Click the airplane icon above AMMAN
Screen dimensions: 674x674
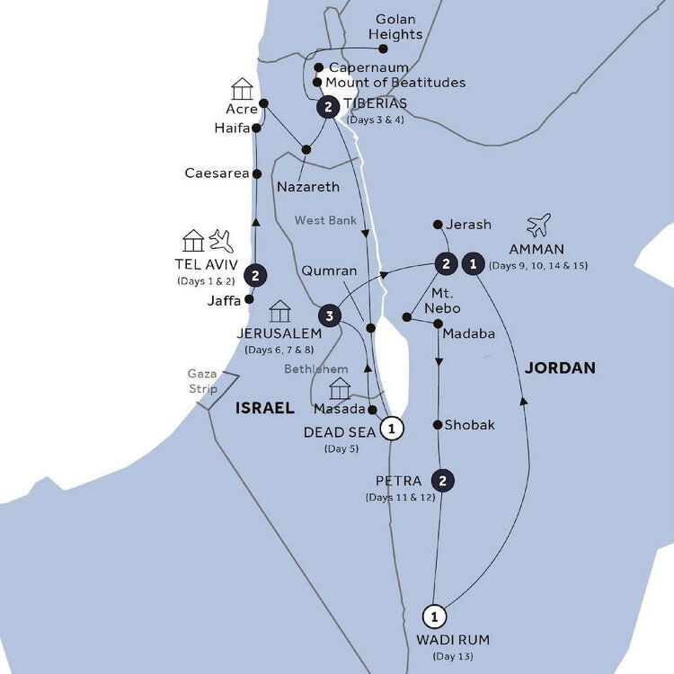click(539, 225)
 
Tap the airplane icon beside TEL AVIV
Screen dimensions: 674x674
click(220, 240)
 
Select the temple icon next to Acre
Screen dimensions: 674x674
click(241, 88)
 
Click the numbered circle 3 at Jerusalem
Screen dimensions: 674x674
click(330, 315)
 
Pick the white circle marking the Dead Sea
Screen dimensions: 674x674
click(391, 429)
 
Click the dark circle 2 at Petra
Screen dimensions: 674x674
click(441, 479)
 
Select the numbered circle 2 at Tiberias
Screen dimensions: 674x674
click(329, 108)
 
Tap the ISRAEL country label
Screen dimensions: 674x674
click(264, 408)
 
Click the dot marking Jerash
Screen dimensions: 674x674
click(437, 224)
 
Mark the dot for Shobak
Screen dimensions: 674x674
click(438, 425)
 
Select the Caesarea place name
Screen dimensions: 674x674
click(217, 173)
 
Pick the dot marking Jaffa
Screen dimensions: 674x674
click(249, 300)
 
